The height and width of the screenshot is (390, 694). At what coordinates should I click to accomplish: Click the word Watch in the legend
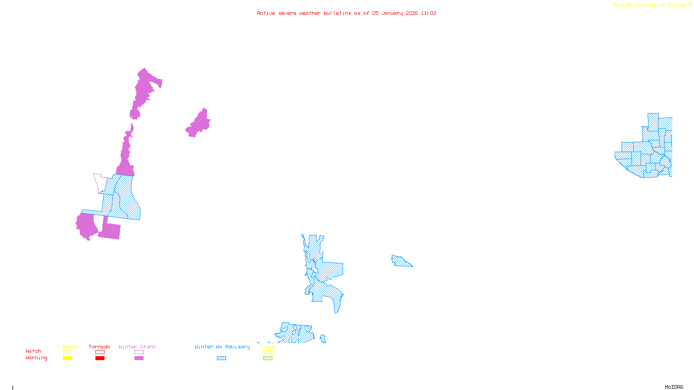click(x=33, y=351)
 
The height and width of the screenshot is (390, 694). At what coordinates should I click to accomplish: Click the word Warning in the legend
click(x=36, y=358)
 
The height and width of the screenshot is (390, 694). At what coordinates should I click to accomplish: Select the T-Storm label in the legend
click(x=67, y=347)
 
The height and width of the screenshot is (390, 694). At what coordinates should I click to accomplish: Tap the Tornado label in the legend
click(x=99, y=347)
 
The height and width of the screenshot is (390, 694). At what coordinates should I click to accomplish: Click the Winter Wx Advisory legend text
click(x=222, y=347)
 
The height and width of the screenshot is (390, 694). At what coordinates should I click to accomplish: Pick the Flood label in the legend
click(x=268, y=347)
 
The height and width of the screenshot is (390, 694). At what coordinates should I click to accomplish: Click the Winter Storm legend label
click(x=137, y=347)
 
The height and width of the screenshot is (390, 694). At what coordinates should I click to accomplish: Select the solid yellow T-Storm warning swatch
click(x=67, y=358)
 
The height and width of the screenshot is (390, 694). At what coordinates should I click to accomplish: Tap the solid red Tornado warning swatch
click(x=100, y=358)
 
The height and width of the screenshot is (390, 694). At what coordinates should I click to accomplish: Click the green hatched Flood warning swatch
click(x=268, y=358)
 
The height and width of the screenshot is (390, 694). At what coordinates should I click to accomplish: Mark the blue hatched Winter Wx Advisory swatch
click(x=221, y=358)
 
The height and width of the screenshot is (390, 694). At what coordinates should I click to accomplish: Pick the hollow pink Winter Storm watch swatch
click(x=139, y=352)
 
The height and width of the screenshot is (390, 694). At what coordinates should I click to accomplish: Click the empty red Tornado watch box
click(x=100, y=352)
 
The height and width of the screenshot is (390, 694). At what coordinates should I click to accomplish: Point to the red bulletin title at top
click(x=347, y=13)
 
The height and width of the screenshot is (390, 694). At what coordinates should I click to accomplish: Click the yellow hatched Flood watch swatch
click(x=268, y=352)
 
